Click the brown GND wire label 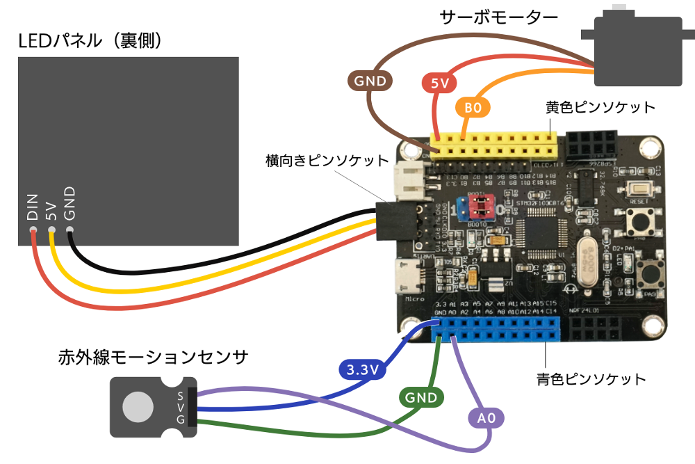(370, 81)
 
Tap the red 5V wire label (439, 84)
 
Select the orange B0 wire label (473, 108)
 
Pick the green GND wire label (421, 398)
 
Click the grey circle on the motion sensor (137, 406)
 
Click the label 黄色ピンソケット (600, 108)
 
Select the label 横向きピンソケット (327, 161)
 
